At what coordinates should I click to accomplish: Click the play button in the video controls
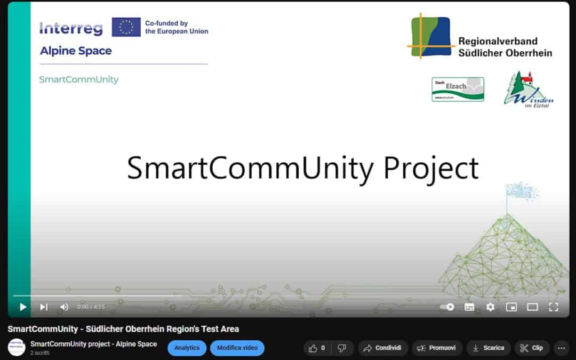23,307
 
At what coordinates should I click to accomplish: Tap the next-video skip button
44,307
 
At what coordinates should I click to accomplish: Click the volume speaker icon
64,307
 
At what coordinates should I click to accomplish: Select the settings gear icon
490,307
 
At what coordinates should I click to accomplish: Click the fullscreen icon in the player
554,307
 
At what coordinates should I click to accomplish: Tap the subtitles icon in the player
469,307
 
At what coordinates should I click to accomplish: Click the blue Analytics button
187,348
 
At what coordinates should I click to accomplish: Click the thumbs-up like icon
313,348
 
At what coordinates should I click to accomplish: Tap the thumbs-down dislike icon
342,348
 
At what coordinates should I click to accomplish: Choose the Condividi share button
383,348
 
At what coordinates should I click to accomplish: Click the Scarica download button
488,348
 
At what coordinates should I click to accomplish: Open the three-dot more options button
561,348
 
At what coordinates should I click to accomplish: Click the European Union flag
126,27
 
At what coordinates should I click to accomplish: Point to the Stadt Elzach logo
458,89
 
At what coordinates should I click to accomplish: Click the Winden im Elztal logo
528,89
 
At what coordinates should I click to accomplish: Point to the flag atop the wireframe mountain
521,190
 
